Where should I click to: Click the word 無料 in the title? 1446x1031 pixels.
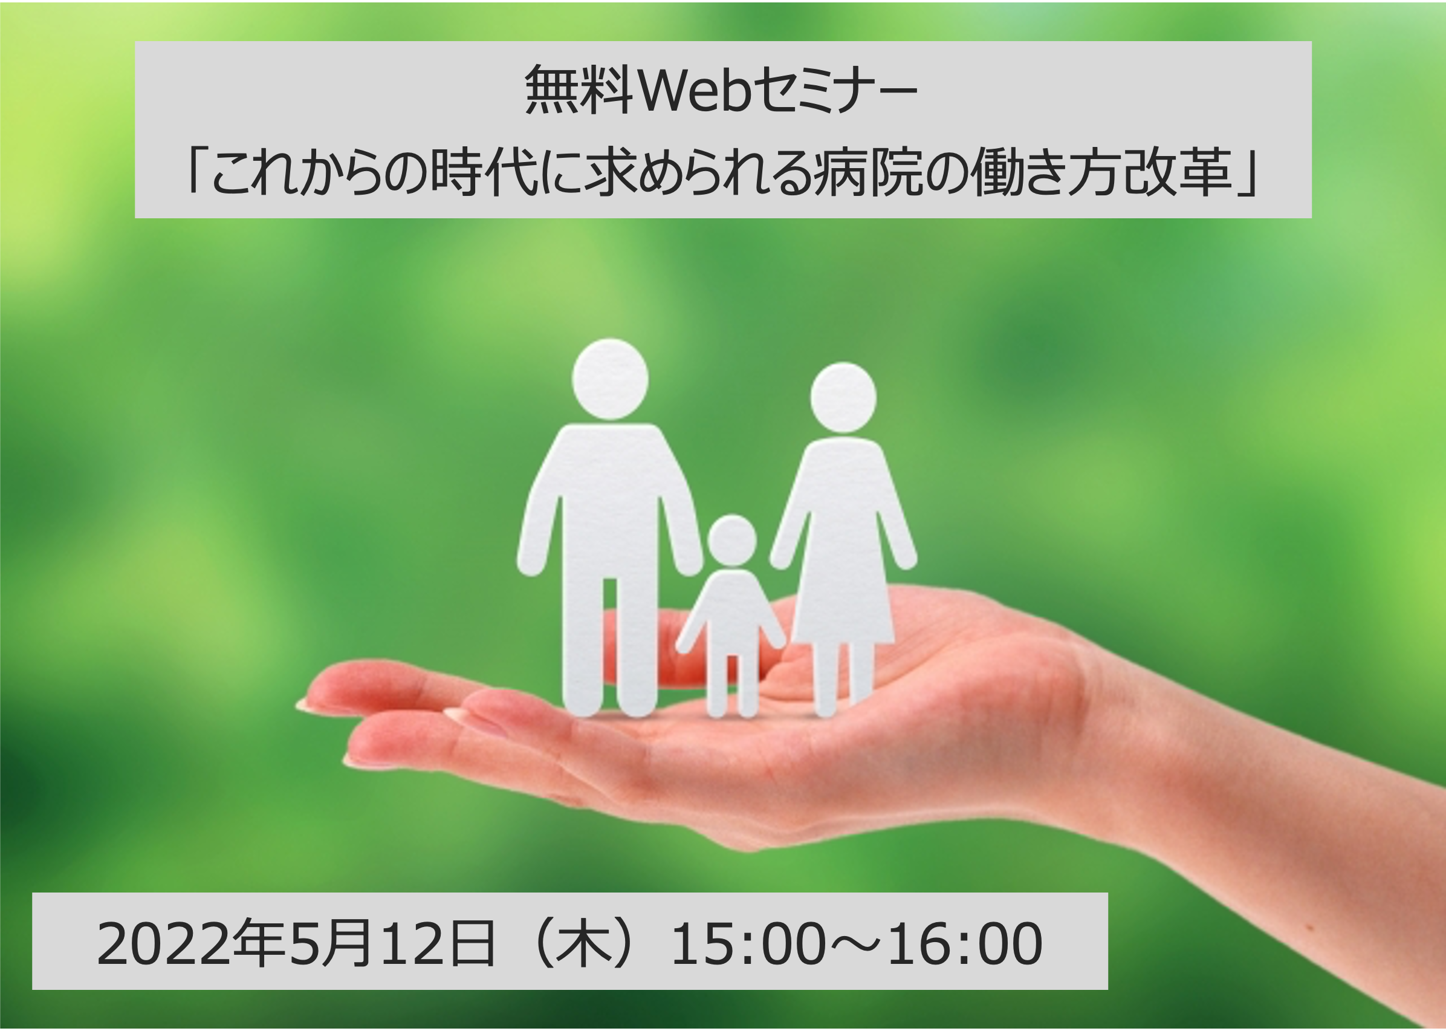[579, 91]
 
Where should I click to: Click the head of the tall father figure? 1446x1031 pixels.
[610, 379]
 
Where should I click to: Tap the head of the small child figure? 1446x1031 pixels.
[732, 541]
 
